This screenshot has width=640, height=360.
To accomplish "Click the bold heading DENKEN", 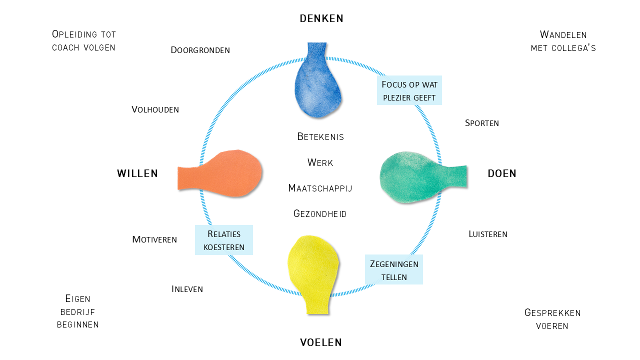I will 321,18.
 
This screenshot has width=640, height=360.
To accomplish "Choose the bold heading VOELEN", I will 321,342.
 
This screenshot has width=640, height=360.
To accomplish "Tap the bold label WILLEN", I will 137,173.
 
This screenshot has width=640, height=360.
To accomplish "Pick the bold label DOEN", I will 502,173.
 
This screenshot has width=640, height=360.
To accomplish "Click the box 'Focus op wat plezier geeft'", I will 409,90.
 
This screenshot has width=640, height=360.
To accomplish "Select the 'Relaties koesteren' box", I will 224,240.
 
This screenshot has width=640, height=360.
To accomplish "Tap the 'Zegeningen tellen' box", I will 394,270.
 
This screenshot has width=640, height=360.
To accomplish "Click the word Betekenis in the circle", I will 320,136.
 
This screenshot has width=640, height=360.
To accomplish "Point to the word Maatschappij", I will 320,188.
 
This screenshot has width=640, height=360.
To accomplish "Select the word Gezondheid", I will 320,214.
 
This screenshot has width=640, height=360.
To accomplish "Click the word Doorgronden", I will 200,50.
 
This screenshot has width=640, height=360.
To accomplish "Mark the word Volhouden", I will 155,109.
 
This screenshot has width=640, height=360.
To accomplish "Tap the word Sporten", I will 482,123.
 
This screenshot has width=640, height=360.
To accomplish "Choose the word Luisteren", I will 488,234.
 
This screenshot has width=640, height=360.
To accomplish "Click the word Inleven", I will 187,289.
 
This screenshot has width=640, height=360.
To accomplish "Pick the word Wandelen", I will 563,34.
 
